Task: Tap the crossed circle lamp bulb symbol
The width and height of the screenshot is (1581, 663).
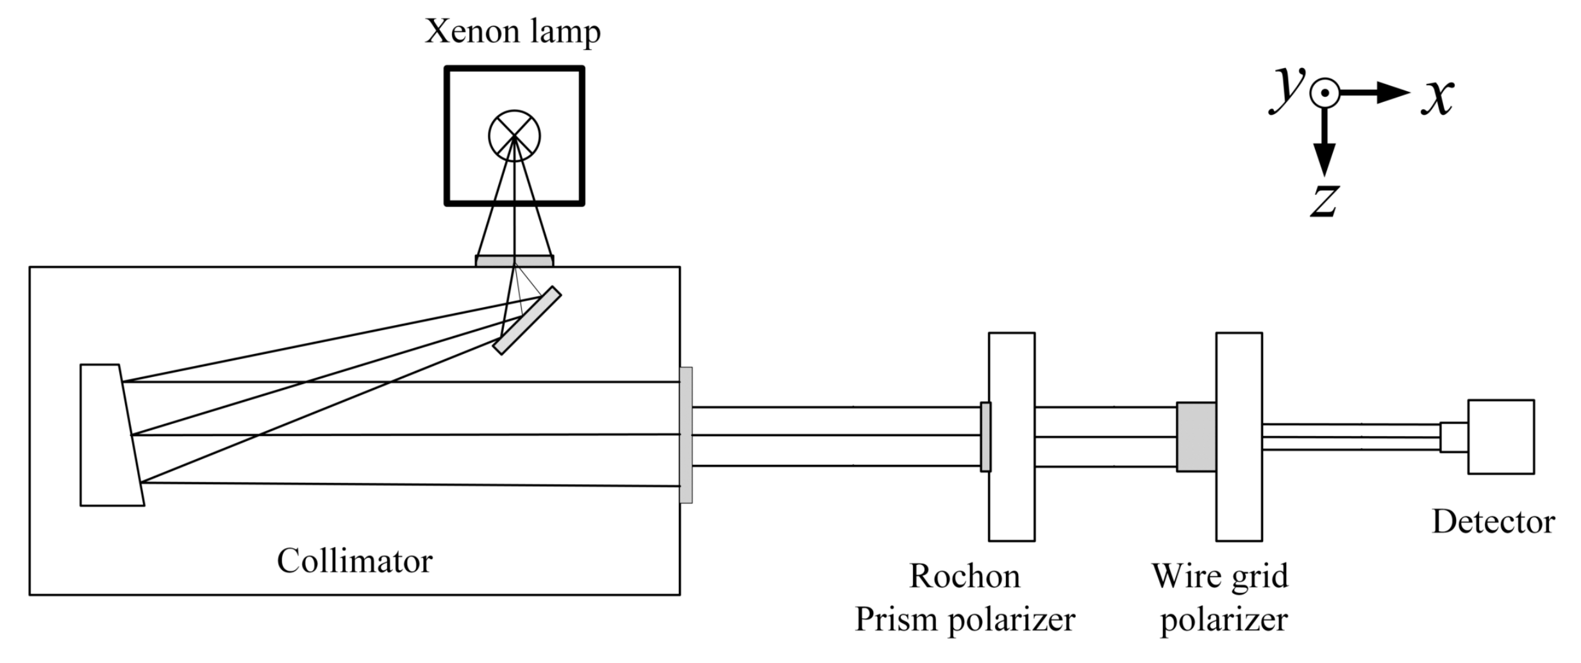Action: tap(514, 136)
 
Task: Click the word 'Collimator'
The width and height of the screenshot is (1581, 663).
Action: tap(355, 561)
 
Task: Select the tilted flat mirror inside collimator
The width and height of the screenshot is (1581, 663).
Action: tap(527, 321)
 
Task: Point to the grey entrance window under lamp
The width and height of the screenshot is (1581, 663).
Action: tap(514, 261)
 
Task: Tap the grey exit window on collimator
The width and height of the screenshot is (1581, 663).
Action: tap(686, 435)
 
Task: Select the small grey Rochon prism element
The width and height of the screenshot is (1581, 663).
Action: tap(985, 437)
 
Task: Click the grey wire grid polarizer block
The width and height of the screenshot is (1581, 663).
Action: tap(1196, 437)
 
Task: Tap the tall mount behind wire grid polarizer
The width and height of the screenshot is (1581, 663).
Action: tap(1239, 500)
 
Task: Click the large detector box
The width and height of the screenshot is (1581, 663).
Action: tap(1501, 437)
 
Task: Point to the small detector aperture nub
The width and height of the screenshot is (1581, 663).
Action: tap(1453, 437)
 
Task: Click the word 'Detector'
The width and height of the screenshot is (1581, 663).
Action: tap(1493, 522)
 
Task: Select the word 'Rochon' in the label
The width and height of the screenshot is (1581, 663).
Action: tap(964, 576)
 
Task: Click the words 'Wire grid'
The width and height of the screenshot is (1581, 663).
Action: tap(1219, 576)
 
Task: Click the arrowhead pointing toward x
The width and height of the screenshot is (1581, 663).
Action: tap(1393, 94)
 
